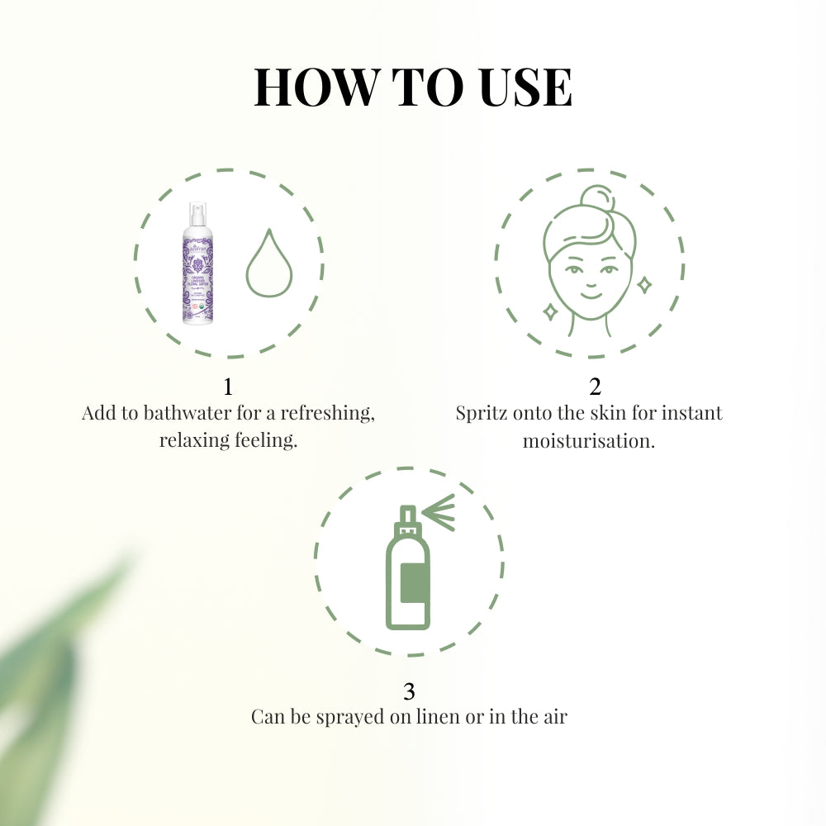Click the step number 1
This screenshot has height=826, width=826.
(228, 387)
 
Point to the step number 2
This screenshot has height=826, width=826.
(595, 387)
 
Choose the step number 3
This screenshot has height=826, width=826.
(409, 691)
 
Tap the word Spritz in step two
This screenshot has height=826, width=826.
(482, 413)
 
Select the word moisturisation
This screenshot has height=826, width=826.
(588, 440)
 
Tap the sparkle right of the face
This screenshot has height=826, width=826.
(643, 285)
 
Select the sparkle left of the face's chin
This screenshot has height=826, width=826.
(548, 311)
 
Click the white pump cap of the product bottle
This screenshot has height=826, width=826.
(197, 214)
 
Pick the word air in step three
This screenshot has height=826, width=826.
(553, 716)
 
